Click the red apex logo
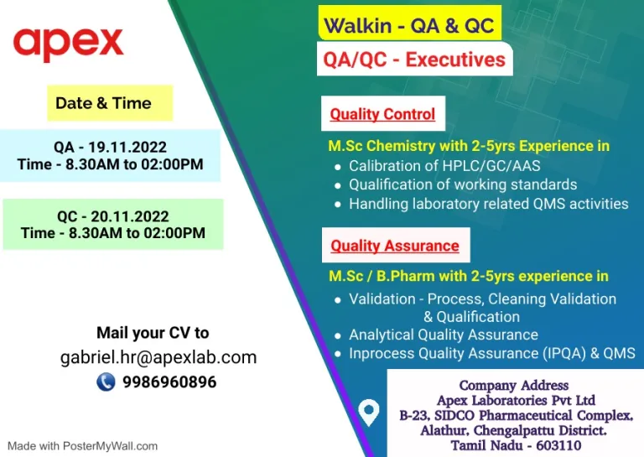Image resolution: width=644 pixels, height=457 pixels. (68, 44)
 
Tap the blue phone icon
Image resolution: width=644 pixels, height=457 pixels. (106, 382)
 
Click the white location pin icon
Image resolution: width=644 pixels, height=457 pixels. (368, 412)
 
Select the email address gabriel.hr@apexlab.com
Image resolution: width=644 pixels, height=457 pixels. (158, 357)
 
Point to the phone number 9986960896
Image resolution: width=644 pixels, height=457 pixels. (169, 382)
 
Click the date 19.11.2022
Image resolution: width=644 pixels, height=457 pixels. (127, 147)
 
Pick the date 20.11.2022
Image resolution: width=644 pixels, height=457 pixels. (130, 216)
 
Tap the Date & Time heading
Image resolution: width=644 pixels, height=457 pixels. (103, 103)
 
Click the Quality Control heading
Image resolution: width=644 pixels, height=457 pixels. (382, 114)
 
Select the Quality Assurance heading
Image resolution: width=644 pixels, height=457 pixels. (395, 246)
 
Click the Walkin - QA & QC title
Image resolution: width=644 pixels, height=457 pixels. (409, 25)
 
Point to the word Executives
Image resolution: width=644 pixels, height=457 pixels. (455, 60)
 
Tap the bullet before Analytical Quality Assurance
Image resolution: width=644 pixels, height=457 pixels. (338, 336)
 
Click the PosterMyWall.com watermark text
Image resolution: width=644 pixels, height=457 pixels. (110, 446)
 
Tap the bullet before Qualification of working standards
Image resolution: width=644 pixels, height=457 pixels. (338, 186)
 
